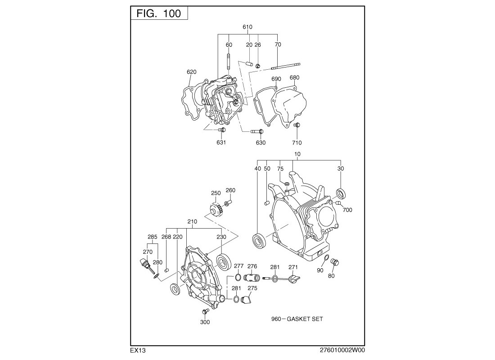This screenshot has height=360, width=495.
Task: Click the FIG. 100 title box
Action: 159,13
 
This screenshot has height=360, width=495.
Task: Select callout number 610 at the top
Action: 247,27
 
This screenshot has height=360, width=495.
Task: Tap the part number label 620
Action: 192,72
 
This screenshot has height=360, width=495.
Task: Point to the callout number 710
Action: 297,143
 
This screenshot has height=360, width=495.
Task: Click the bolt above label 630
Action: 256,131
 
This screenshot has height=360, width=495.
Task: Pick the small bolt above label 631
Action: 221,130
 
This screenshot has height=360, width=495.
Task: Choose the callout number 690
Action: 276,79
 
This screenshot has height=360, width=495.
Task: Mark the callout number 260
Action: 230,190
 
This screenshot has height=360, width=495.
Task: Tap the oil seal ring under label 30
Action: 341,193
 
